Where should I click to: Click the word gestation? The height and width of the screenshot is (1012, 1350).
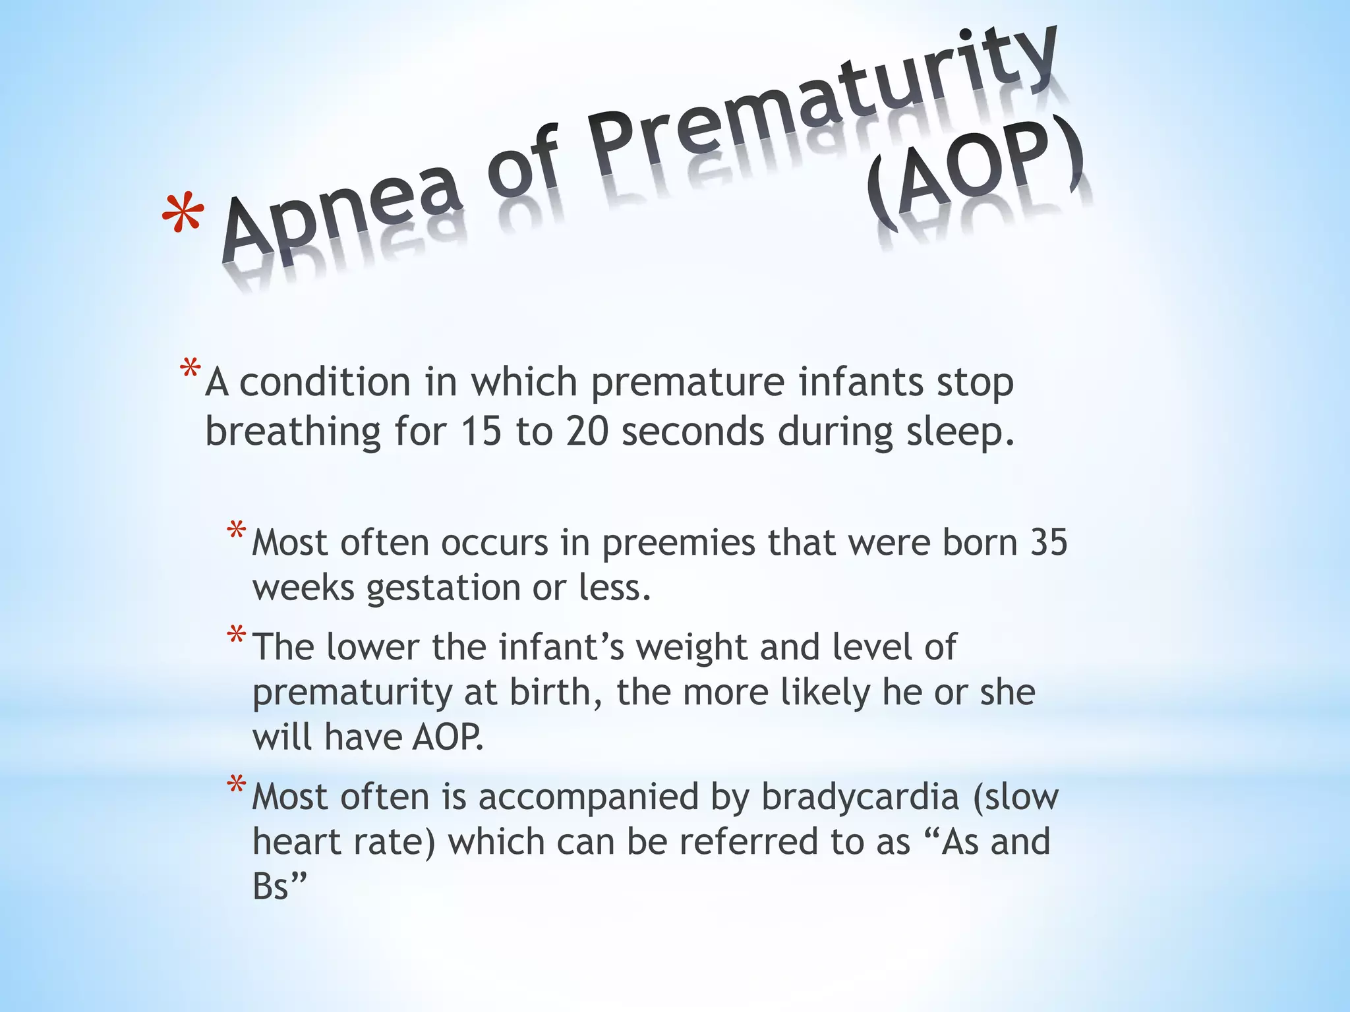[444, 588]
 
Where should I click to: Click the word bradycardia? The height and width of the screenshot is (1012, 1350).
[860, 798]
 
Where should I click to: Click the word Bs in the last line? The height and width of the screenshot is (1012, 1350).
[272, 886]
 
